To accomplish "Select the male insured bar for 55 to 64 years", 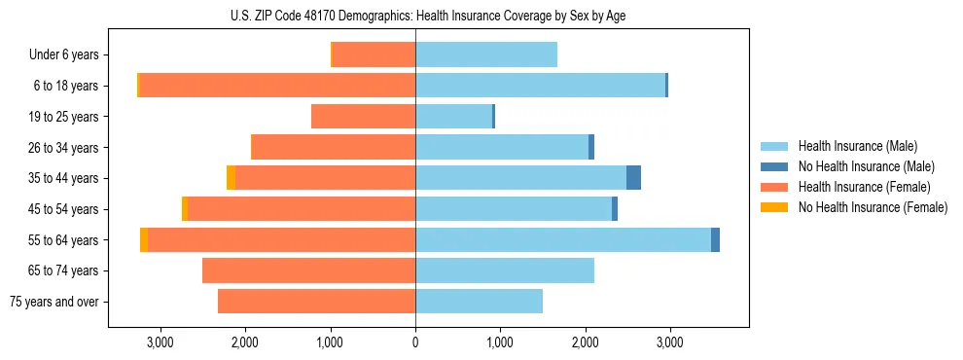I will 563,240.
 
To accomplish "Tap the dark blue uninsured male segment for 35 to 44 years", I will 633,178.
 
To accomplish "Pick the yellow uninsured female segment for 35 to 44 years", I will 231,178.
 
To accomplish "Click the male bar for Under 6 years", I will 486,54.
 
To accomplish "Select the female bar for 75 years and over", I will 316,302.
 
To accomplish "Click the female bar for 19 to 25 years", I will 363,117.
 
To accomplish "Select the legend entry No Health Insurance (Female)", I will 873,207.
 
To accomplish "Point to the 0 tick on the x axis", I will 415,342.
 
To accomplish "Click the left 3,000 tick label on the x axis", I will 160,342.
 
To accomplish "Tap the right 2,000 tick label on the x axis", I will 585,342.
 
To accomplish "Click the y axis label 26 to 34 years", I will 64,148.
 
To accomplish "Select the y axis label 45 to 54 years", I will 64,209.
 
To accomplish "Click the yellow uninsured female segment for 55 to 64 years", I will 144,240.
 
